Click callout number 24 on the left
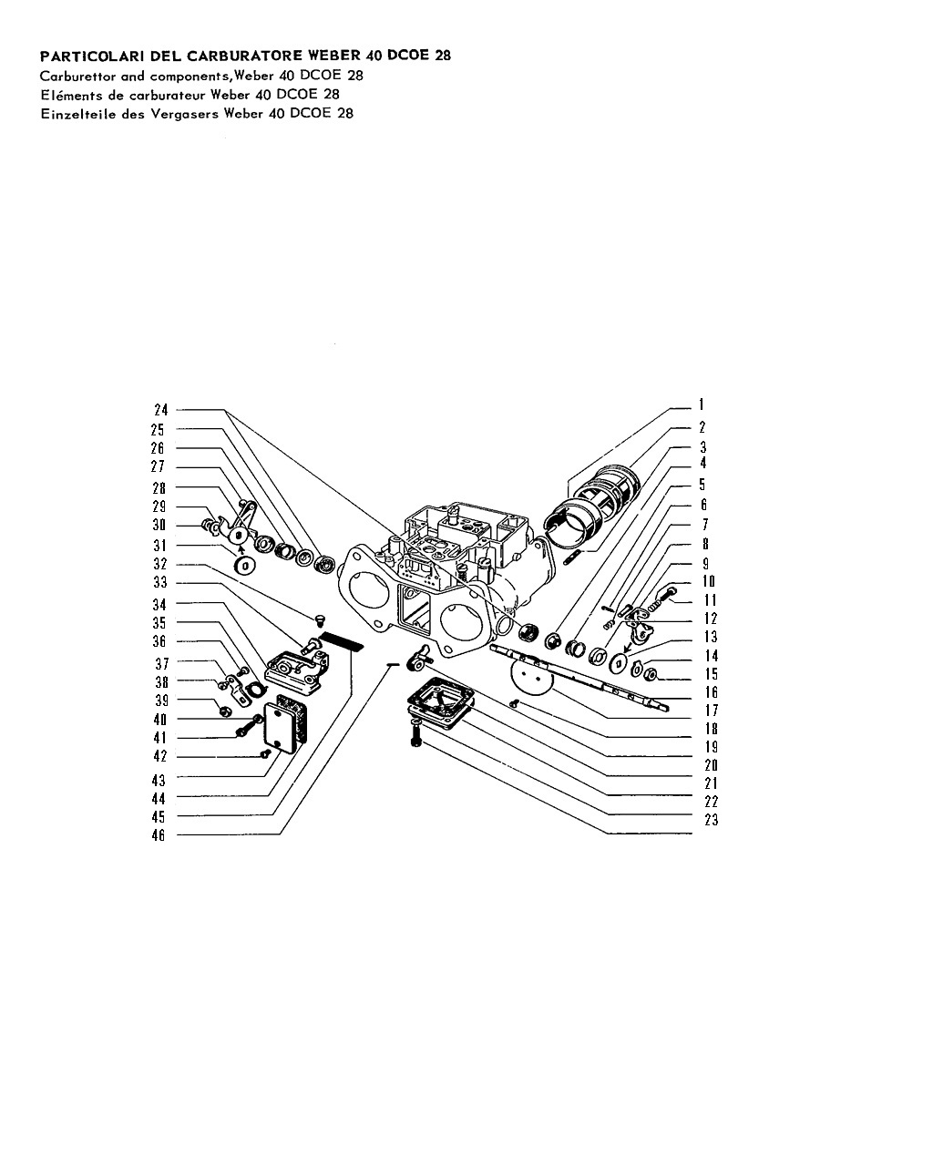point(161,410)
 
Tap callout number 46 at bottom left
point(159,835)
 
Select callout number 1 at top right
point(701,404)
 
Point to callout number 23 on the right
point(712,820)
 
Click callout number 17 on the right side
point(712,710)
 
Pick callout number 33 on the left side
point(160,582)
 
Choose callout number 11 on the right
point(710,600)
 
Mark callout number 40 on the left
point(160,720)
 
